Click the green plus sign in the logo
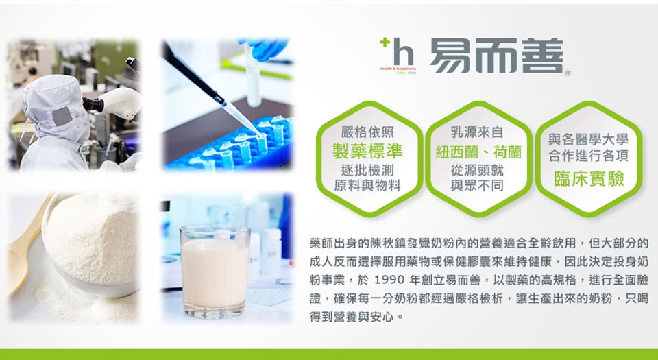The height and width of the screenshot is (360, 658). (x=384, y=42)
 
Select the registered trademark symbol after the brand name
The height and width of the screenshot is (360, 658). (x=568, y=73)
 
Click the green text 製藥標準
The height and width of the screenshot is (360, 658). (x=367, y=151)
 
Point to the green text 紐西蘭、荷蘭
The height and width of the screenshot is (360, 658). (x=478, y=152)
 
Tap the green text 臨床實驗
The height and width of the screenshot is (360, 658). (x=589, y=179)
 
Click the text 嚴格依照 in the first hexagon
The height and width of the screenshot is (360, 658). (x=367, y=132)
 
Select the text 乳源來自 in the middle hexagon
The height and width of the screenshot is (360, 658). (x=477, y=132)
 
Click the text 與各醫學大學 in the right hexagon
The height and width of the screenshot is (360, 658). (x=588, y=139)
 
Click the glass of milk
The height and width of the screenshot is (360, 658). (x=215, y=272)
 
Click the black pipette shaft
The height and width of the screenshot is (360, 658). (x=194, y=74)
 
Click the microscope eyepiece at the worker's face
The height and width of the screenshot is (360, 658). (x=93, y=104)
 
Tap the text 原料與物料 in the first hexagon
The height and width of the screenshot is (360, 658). (x=367, y=185)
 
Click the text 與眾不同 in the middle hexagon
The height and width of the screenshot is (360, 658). (x=477, y=185)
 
